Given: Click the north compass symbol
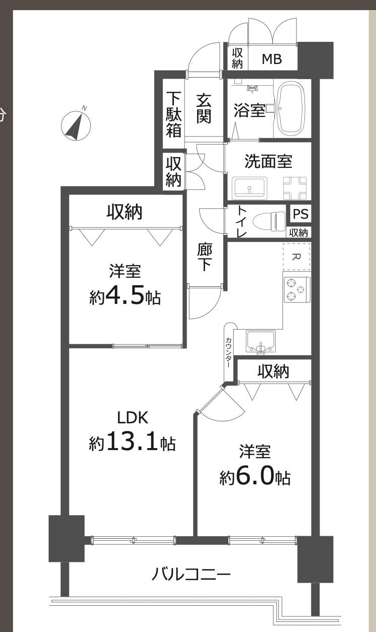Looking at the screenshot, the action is (x=76, y=125).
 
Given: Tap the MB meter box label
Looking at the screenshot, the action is (x=272, y=59).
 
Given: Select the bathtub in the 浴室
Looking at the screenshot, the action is (x=292, y=109).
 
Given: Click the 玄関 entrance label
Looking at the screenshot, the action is (x=204, y=109).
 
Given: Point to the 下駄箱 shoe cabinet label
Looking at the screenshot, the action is (x=173, y=114).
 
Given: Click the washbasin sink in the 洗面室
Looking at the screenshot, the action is (x=249, y=188).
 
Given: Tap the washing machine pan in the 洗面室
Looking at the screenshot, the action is (x=295, y=188).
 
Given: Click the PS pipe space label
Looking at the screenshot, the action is (x=301, y=214).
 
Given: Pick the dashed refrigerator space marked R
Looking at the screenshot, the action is (x=296, y=257).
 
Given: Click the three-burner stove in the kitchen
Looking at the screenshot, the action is (x=297, y=289).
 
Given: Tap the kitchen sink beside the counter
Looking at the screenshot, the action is (x=261, y=342).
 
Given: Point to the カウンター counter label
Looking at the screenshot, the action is (x=228, y=352).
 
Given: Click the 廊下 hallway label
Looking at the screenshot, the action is (x=204, y=257).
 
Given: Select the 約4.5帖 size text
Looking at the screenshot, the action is (x=125, y=296).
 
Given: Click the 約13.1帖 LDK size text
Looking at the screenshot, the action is (x=132, y=443).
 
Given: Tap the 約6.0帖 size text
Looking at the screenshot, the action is (x=255, y=477).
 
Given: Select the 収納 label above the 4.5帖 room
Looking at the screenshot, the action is (x=124, y=212).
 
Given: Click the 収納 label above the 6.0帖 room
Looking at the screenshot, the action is (x=273, y=371).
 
